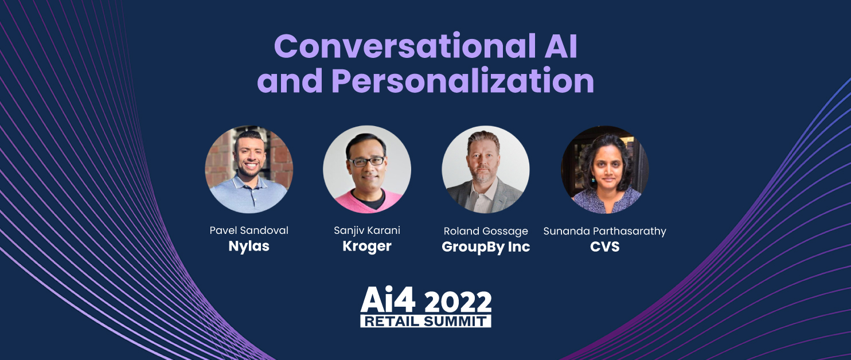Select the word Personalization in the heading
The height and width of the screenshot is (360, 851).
click(463, 81)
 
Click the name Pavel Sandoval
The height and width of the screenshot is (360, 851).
click(249, 230)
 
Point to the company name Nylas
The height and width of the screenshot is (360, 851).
click(249, 246)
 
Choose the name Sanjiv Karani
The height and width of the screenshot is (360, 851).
click(367, 230)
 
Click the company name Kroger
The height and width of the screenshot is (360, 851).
click(367, 246)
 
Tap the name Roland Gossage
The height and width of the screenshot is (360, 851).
click(486, 231)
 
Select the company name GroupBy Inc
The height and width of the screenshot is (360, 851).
click(486, 247)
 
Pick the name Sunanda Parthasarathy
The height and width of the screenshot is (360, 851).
click(605, 231)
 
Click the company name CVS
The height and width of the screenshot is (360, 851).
click(605, 247)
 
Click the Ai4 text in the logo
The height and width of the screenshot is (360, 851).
click(388, 300)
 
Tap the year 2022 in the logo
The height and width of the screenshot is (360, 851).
click(458, 302)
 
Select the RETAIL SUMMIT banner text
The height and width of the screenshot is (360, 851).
click(426, 321)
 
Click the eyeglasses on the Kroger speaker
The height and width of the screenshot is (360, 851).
click(366, 162)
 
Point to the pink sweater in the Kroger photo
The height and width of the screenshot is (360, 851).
click(366, 202)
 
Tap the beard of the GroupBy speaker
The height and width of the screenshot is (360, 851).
click(483, 176)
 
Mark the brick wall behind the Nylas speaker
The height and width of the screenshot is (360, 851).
click(218, 159)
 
